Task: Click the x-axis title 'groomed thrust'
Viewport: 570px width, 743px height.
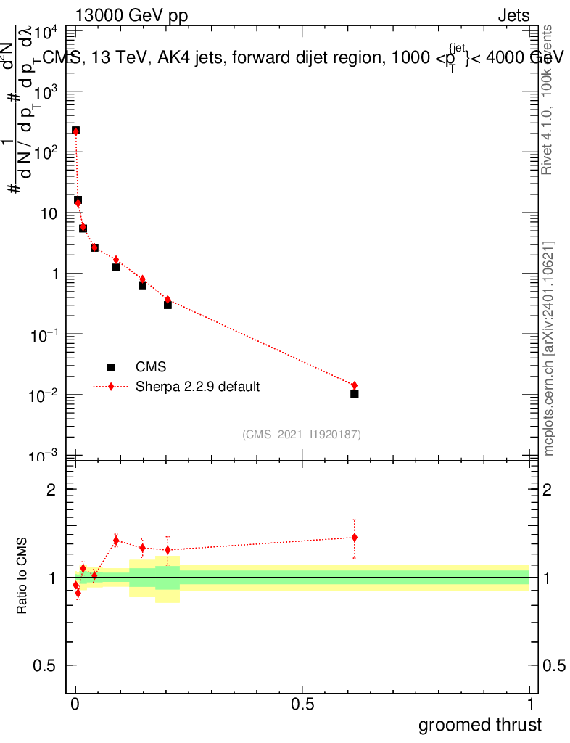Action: point(479,725)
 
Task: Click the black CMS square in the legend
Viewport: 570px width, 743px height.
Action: point(111,367)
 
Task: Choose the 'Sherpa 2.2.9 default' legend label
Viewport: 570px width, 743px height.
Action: point(198,387)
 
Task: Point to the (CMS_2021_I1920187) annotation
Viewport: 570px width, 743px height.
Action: point(302,434)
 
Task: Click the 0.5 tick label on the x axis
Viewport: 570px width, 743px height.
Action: point(302,705)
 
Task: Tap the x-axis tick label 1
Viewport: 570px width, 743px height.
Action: point(529,705)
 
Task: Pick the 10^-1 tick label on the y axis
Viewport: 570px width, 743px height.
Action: point(46,334)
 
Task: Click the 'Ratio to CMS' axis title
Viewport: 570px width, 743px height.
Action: point(23,577)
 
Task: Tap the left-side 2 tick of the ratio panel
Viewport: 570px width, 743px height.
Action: point(51,490)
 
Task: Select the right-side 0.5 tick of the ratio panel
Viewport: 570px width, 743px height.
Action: point(556,665)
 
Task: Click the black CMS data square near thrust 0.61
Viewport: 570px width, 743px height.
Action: point(354,393)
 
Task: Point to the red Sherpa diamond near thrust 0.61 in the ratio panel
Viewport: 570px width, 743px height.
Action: point(354,538)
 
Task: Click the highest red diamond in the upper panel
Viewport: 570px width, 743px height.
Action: point(75,131)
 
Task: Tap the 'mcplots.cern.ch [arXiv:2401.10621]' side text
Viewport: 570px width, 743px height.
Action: point(549,348)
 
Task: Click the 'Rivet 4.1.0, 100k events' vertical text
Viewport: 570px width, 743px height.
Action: point(548,100)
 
